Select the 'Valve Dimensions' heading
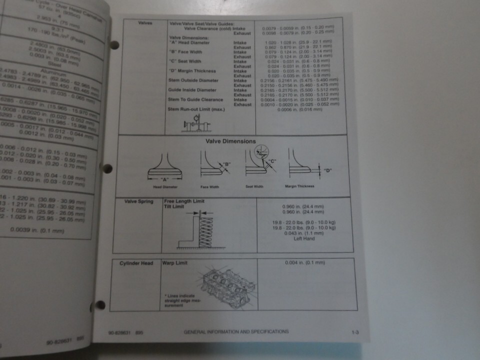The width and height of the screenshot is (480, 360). (x=230, y=141)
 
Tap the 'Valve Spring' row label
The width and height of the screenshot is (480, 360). (x=138, y=201)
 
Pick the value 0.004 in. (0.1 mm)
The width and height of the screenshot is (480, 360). (x=305, y=262)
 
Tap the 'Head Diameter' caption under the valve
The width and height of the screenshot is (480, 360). (x=164, y=186)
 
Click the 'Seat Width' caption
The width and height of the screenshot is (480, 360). (x=254, y=186)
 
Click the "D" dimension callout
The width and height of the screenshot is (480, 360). (x=327, y=170)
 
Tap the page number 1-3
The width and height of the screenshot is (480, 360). (x=355, y=331)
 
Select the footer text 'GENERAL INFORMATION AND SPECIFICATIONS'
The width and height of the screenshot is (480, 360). (x=236, y=331)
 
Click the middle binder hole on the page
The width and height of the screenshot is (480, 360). (x=107, y=168)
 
